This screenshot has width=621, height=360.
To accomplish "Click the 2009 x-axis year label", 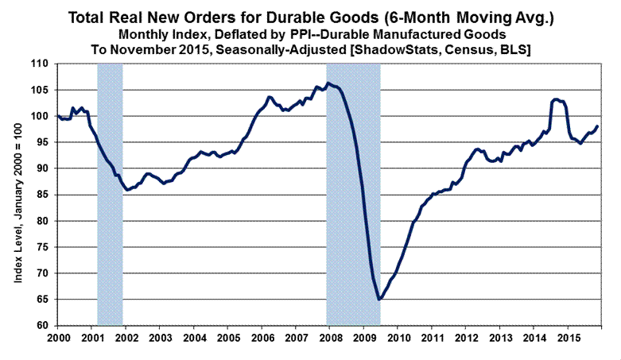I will (363, 338).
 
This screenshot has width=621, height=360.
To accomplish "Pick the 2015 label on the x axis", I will (567, 338).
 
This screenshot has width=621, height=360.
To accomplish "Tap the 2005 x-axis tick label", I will (227, 338).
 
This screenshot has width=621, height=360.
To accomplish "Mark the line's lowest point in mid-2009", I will (380, 299).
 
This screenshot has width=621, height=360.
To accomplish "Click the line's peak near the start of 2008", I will (328, 83).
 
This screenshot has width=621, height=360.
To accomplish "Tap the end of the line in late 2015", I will (598, 126).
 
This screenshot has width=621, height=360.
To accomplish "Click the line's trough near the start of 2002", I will (128, 189).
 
